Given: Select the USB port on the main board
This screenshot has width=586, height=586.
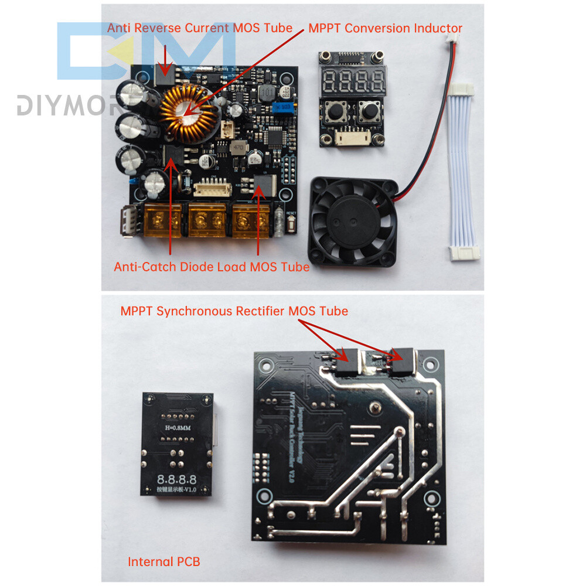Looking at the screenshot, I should pyautogui.click(x=129, y=223).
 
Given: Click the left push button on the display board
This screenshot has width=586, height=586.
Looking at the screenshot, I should pyautogui.click(x=338, y=111).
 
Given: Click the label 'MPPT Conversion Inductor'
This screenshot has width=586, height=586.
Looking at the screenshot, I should pyautogui.click(x=385, y=28).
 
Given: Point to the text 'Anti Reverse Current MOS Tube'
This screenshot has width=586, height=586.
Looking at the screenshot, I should pyautogui.click(x=199, y=28).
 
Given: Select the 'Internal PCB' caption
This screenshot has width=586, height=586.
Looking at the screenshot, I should pyautogui.click(x=164, y=561).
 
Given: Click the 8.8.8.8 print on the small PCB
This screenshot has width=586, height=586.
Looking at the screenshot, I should pyautogui.click(x=176, y=479).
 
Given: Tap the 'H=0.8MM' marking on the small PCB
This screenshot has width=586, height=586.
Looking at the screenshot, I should pyautogui.click(x=176, y=427).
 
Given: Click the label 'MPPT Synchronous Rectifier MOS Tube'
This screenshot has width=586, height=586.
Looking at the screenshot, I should pyautogui.click(x=234, y=311).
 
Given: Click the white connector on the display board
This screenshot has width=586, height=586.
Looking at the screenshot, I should pyautogui.click(x=352, y=138).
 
